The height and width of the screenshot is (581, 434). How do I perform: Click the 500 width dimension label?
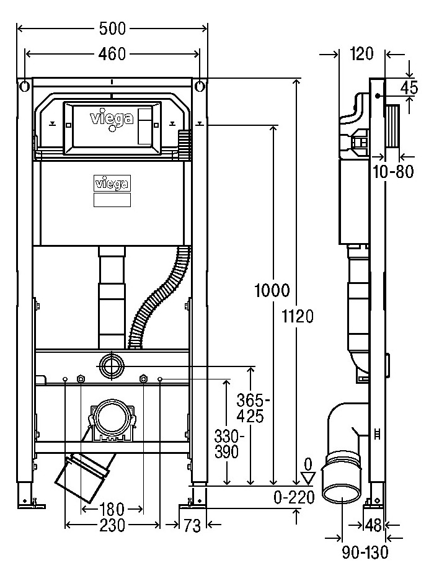pyautogui.click(x=112, y=29)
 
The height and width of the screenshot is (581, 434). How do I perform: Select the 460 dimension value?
pyautogui.click(x=112, y=54)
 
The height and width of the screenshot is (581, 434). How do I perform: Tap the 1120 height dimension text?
pyautogui.click(x=298, y=316)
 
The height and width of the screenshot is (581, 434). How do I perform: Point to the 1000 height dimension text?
pyautogui.click(x=272, y=290)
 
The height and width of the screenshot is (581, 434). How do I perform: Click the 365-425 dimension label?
pyautogui.click(x=252, y=409)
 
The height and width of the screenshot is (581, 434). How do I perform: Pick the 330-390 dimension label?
pyautogui.click(x=229, y=444)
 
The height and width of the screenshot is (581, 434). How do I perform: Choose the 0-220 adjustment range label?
pyautogui.click(x=294, y=497)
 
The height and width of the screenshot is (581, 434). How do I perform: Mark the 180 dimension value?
pyautogui.click(x=112, y=510)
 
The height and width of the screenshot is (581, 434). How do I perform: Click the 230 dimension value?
pyautogui.click(x=112, y=525)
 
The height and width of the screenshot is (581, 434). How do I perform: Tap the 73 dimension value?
pyautogui.click(x=192, y=525)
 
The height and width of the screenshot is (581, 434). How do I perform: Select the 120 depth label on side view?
pyautogui.click(x=361, y=54)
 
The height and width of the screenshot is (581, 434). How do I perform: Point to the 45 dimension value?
pyautogui.click(x=409, y=88)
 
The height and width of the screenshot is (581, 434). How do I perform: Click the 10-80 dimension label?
pyautogui.click(x=393, y=172)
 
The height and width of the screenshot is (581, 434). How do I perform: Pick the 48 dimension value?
pyautogui.click(x=373, y=525)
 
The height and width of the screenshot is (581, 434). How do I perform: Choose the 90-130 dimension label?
pyautogui.click(x=365, y=552)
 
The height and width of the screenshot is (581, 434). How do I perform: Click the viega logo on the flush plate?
pyautogui.click(x=112, y=119)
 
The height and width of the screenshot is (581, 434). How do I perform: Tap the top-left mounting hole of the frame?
pyautogui.click(x=24, y=86)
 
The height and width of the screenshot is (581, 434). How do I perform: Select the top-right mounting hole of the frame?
pyautogui.click(x=200, y=86)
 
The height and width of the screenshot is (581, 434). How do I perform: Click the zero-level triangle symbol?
pyautogui.click(x=308, y=478)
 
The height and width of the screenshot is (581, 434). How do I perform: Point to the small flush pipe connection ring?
pyautogui.click(x=110, y=366)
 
